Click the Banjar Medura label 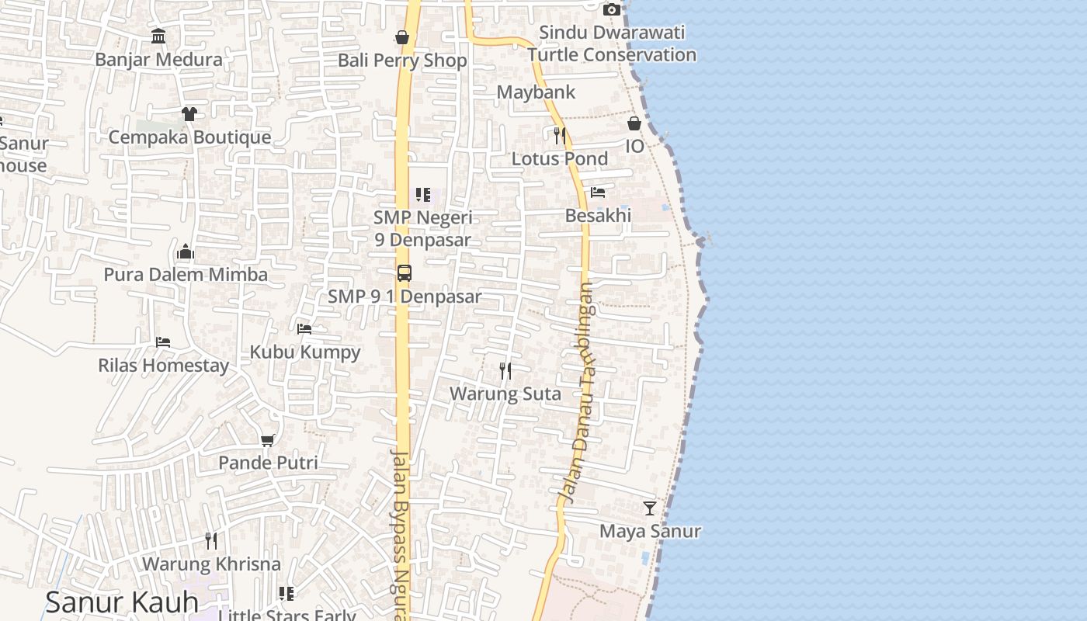158,60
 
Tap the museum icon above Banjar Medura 158,36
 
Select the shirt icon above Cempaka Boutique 189,114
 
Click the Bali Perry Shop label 402,61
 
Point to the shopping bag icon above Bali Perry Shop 402,36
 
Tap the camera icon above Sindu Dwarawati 612,9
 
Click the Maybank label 536,92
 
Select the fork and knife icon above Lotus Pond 560,136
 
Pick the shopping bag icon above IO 634,123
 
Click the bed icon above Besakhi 598,192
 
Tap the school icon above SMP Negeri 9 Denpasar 423,194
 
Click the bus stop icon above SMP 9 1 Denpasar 405,273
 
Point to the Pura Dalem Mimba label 186,275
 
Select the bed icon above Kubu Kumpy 304,329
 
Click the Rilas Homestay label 163,366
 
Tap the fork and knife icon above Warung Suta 505,371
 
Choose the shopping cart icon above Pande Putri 268,440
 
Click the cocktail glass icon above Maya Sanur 650,508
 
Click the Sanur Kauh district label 122,602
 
